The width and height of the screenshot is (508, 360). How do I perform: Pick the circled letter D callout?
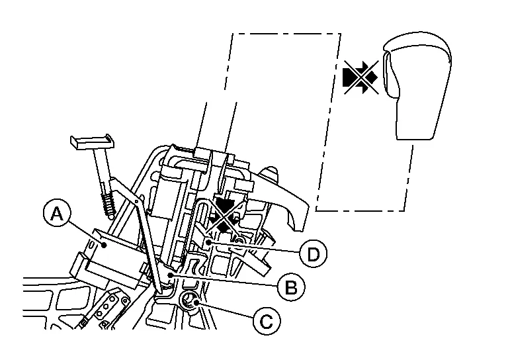pos(312,253)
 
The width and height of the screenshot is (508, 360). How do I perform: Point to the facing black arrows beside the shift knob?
pos(360,77)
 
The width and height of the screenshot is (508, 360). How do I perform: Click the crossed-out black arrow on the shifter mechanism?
pos(226,213)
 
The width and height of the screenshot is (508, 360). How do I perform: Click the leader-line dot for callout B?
pos(171,273)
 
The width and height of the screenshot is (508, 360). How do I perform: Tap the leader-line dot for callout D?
pos(208,244)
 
